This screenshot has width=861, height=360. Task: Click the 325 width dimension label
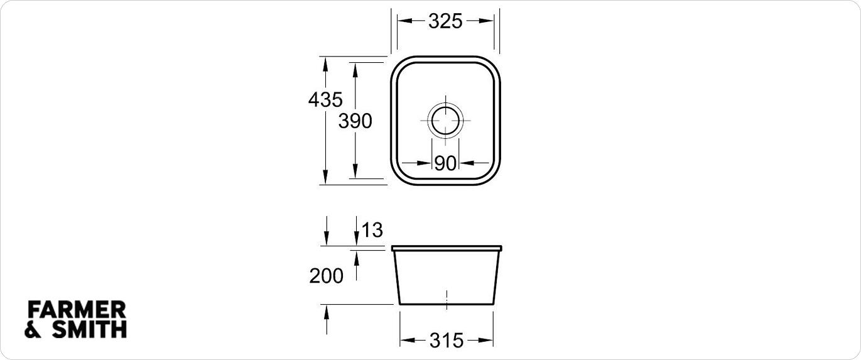click(x=445, y=21)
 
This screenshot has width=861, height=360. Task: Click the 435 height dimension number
click(x=325, y=99)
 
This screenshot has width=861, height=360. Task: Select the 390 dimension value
click(x=355, y=121)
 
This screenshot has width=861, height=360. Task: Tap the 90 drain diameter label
click(x=445, y=163)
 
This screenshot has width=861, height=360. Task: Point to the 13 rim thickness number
click(x=372, y=230)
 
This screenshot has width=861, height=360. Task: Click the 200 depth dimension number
click(x=326, y=276)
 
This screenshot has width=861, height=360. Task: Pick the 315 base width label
click(x=446, y=341)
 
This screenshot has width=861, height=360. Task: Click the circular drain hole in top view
click(x=445, y=119)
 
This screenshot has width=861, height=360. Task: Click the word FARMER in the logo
click(x=77, y=310)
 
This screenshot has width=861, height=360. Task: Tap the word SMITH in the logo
click(x=89, y=329)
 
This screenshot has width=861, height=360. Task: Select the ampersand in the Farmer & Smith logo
click(x=33, y=329)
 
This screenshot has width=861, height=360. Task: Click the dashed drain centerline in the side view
click(x=446, y=299)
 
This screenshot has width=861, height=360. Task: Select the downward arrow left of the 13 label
click(x=326, y=238)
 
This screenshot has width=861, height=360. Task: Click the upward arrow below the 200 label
click(x=326, y=312)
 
